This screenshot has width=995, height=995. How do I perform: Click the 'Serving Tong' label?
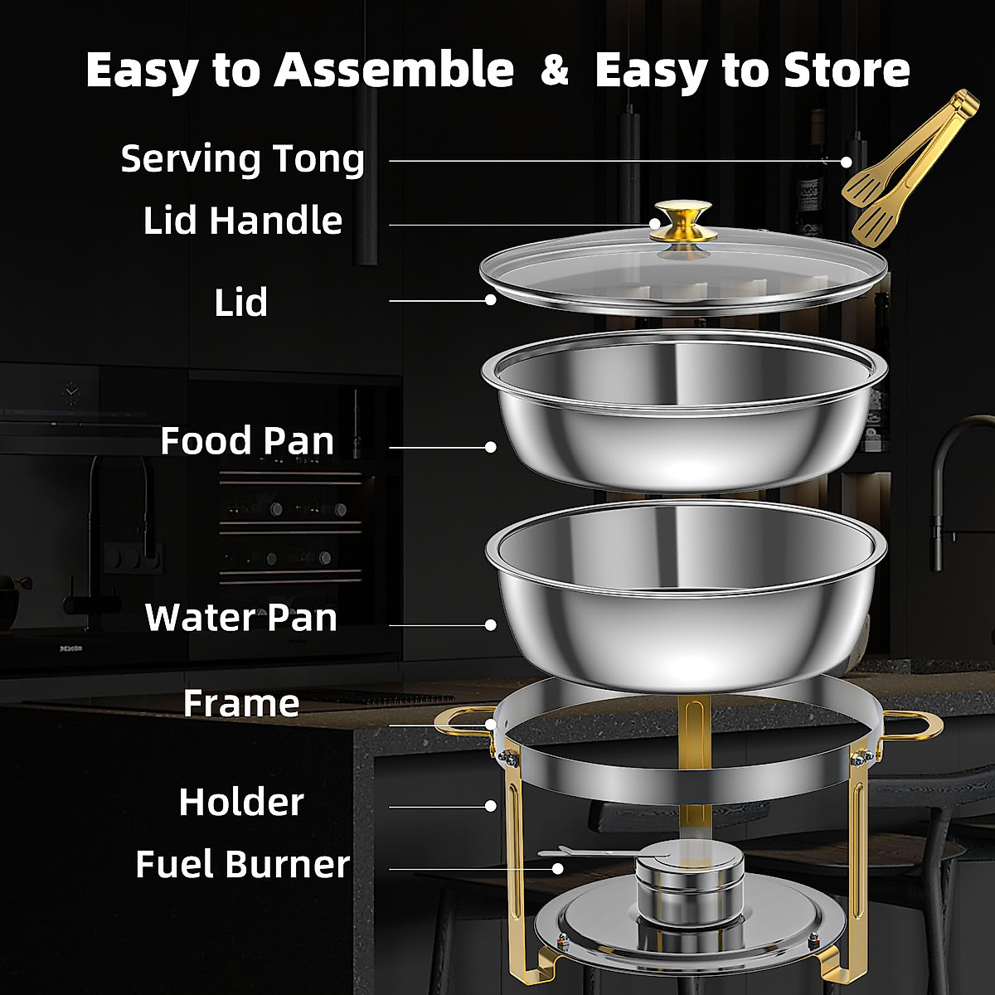(x=242, y=158)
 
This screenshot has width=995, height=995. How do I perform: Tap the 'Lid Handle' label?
(x=242, y=221)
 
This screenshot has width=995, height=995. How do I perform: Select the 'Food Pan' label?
(x=247, y=440)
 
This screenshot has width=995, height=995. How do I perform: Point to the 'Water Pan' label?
(x=241, y=618)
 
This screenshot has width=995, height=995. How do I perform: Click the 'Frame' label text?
(x=241, y=703)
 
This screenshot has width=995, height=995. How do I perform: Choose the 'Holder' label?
(x=241, y=802)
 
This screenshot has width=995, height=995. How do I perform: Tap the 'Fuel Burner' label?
(x=242, y=864)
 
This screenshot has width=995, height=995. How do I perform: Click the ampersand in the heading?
(x=554, y=70)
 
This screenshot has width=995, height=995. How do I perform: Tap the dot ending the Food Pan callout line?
(x=490, y=447)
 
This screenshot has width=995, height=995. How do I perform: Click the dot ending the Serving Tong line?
(x=847, y=162)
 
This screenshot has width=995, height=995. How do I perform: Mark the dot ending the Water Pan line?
(x=490, y=625)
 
